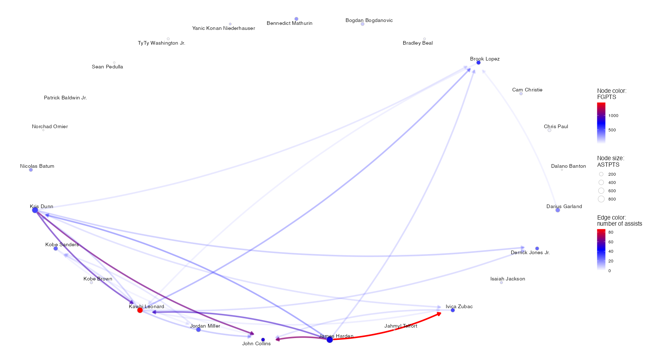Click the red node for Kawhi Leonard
pos(140,310)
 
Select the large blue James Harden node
pos(330,339)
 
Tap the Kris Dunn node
pos(35,210)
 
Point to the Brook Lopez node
pos(478,63)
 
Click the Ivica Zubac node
pos(453,310)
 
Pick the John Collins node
pos(263,339)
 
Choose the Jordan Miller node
pos(198,329)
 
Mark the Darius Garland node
pos(558,210)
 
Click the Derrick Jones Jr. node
pos(537,248)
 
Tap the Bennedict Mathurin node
pos(296,19)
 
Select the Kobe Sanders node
pos(55,248)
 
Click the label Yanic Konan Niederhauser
pos(224,28)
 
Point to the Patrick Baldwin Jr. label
pos(66,98)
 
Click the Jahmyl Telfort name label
pos(401,326)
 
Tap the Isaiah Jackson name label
pos(508,279)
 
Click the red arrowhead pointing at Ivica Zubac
pos(439,314)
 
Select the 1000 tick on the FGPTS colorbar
pos(613,116)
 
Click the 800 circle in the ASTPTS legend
pos(601,199)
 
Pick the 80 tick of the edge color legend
pos(611,233)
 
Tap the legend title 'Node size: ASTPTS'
pos(611,161)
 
